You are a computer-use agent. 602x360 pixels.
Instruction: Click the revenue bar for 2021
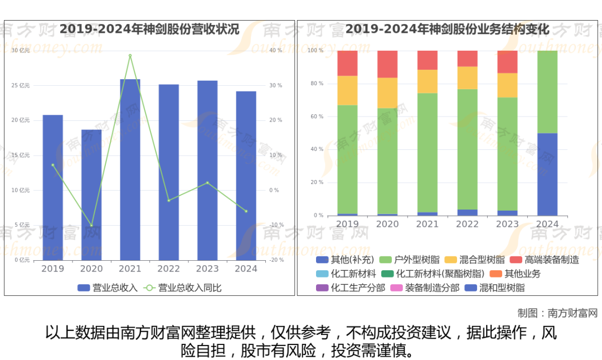pos(130,169)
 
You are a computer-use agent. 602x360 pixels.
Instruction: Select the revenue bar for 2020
pos(91,194)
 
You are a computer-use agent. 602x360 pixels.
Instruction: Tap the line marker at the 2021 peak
pos(130,56)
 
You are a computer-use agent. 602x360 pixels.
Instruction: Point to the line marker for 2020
pos(91,225)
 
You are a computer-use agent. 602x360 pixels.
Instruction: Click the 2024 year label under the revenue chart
pos(246,269)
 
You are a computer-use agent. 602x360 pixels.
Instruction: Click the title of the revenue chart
pos(149,29)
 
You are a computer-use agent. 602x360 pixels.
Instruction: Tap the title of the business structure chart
pos(448,29)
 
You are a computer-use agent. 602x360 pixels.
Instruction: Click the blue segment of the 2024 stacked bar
pos(547,174)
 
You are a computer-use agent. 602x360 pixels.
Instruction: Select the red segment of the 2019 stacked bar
pos(347,63)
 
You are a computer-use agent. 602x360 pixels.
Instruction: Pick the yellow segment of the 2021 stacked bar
pos(428,81)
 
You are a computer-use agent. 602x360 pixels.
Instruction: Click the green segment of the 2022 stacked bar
pos(467,149)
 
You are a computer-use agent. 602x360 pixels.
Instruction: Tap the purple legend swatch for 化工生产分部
pos(322,288)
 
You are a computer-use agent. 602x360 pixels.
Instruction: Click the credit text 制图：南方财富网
pos(557,313)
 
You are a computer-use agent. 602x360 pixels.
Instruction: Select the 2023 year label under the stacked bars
pos(507,224)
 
